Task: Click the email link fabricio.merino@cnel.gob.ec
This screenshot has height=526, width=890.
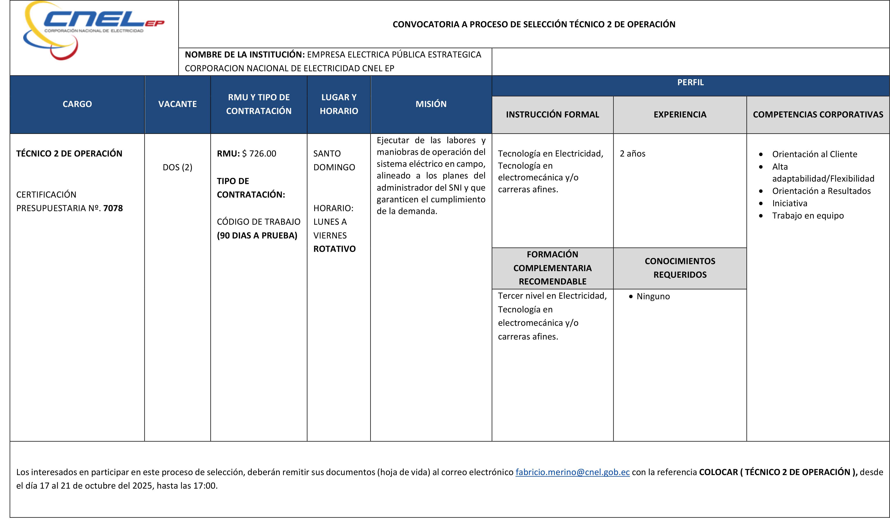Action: (572, 472)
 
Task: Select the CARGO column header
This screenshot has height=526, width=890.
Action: (77, 104)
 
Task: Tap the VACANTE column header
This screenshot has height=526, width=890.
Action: (177, 104)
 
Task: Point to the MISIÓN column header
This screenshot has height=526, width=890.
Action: (431, 104)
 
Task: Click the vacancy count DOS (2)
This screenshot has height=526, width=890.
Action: (177, 167)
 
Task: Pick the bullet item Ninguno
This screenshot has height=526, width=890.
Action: (653, 297)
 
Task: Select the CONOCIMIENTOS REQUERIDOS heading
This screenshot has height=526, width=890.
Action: (680, 268)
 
